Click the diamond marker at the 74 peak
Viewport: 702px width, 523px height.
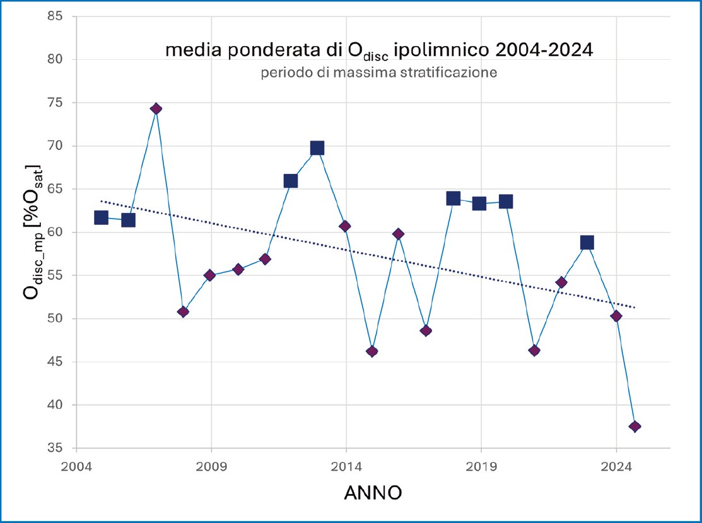(156, 109)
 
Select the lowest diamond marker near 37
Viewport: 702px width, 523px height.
(635, 427)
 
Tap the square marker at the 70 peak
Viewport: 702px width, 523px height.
(317, 148)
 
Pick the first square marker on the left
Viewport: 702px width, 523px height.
(101, 217)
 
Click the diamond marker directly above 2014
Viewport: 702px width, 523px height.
(345, 226)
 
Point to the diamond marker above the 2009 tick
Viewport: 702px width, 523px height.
(210, 275)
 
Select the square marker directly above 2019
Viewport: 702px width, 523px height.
(479, 203)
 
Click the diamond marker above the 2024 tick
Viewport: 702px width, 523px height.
(616, 316)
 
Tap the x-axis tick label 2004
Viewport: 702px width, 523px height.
(76, 468)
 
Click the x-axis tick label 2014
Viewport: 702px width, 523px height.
(346, 468)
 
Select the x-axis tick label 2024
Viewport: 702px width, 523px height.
(616, 468)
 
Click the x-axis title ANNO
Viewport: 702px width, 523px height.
(373, 493)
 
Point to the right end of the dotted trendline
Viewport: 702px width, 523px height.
(635, 307)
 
